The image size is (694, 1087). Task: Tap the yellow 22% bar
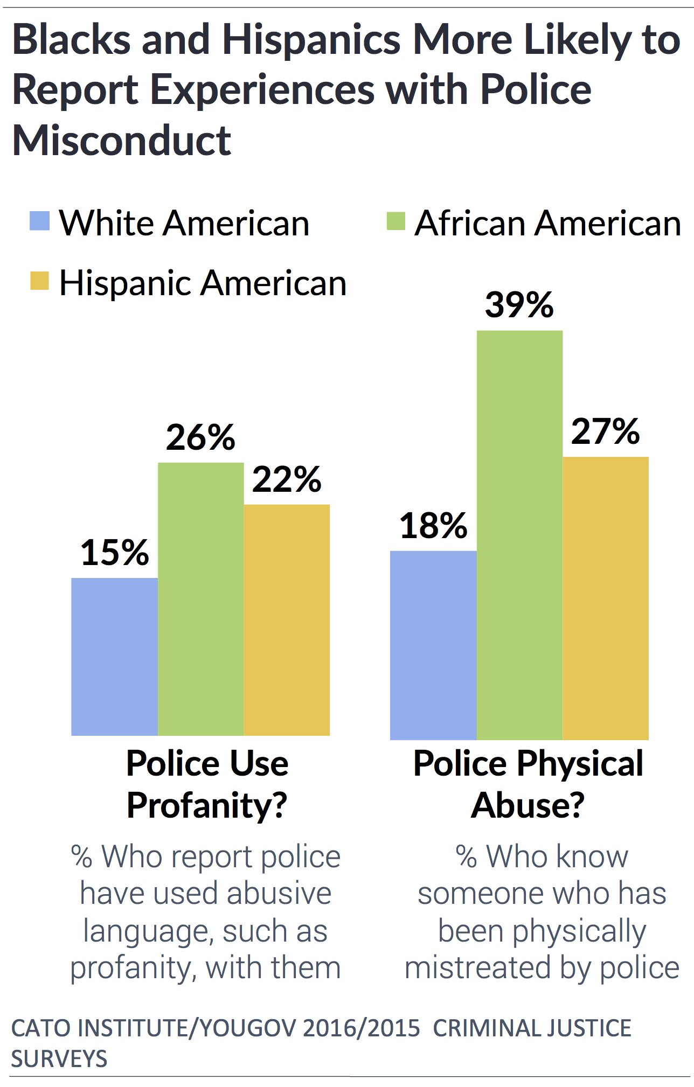pos(287,619)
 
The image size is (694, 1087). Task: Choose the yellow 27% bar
pos(606,598)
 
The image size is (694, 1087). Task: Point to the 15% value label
pos(114,553)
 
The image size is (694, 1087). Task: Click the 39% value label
pos(519,305)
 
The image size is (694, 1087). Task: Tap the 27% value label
pos(605,431)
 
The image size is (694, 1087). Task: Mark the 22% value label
pos(287,479)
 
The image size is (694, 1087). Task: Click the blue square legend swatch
pos(39,221)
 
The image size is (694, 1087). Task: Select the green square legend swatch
pos(396,221)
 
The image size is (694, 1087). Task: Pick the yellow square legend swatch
pos(39,281)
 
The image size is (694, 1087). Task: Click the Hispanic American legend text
pos(203,283)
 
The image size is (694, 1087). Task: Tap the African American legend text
pos(547,223)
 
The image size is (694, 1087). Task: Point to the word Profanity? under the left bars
pos(207,805)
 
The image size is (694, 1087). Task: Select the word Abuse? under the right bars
pos(528,805)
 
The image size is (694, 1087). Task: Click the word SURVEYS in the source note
pos(59,1059)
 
